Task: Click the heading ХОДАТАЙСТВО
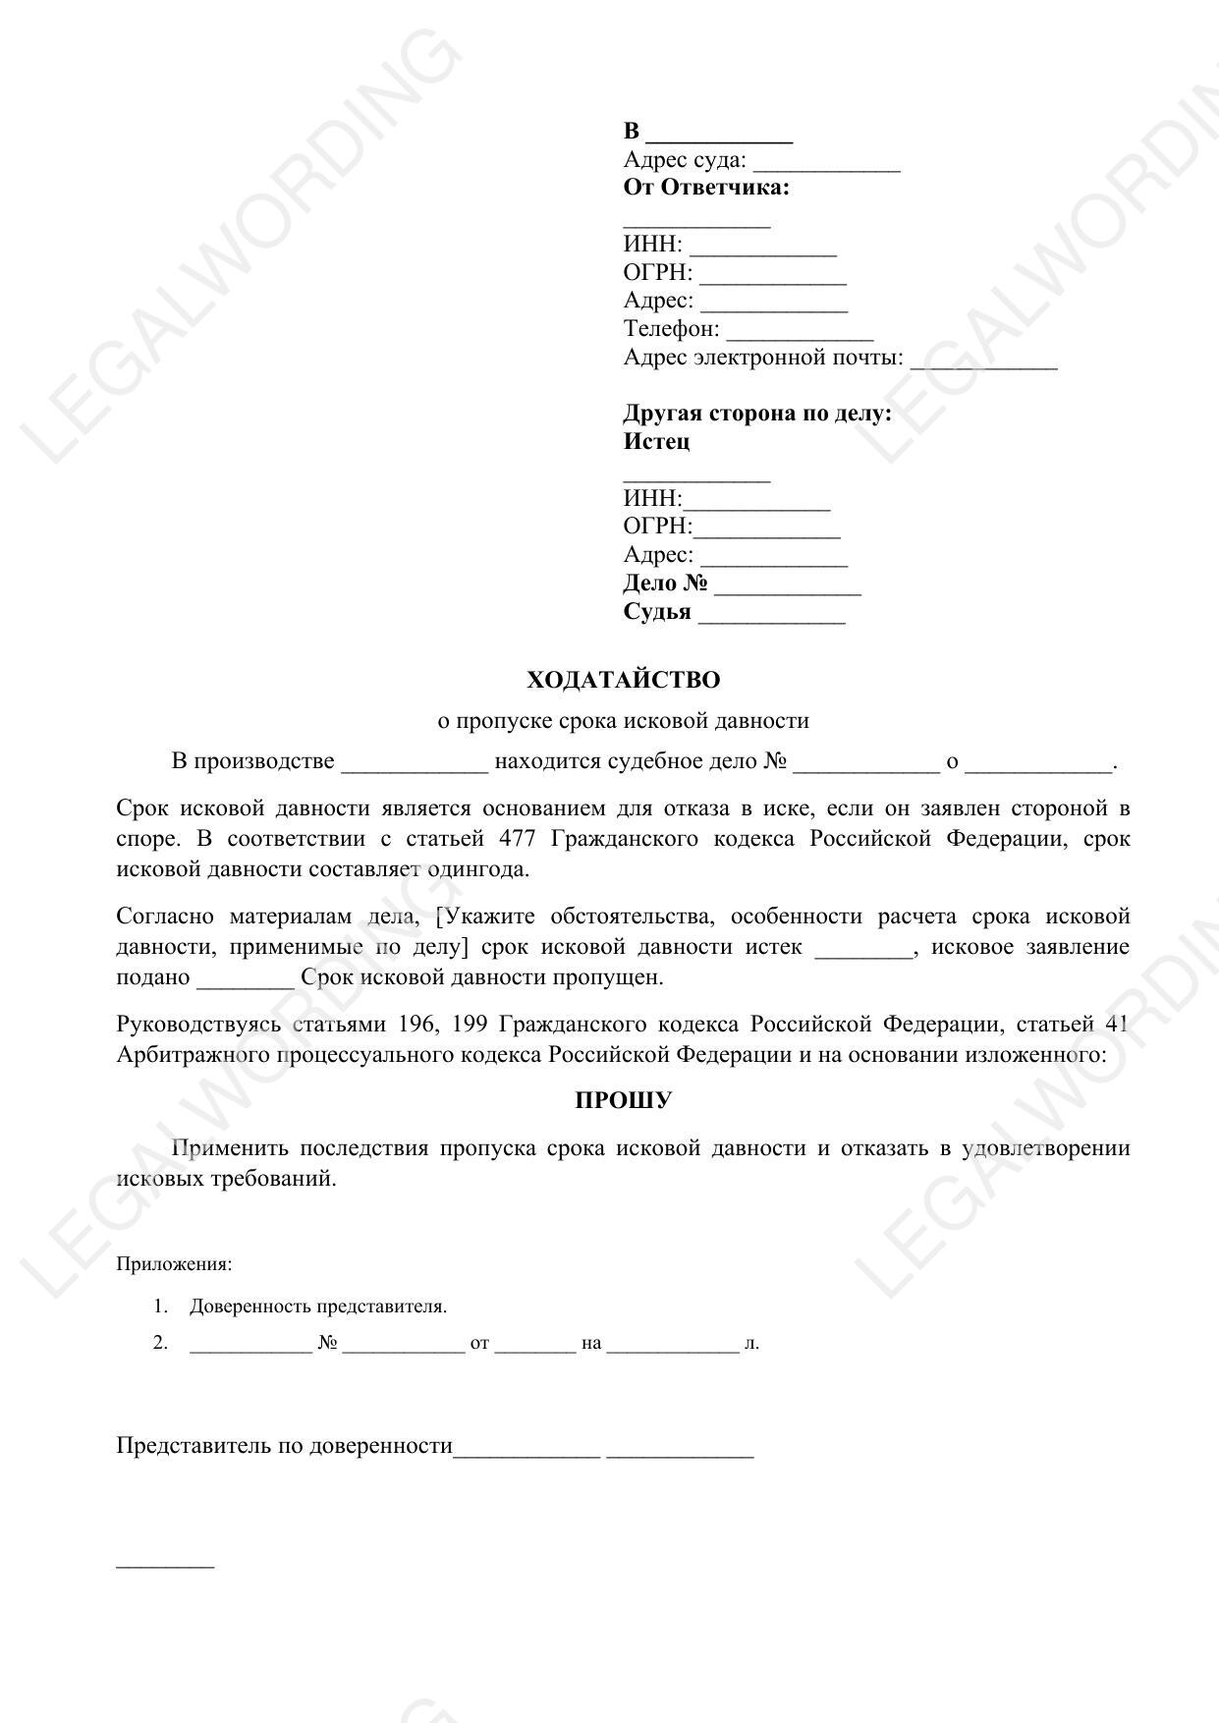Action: (623, 680)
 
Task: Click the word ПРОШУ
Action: (623, 1100)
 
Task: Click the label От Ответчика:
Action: (706, 188)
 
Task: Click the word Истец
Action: (656, 441)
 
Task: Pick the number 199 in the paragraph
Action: (470, 1025)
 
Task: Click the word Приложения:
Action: (174, 1264)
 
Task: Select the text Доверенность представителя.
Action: (318, 1306)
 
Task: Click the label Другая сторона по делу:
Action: (757, 413)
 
